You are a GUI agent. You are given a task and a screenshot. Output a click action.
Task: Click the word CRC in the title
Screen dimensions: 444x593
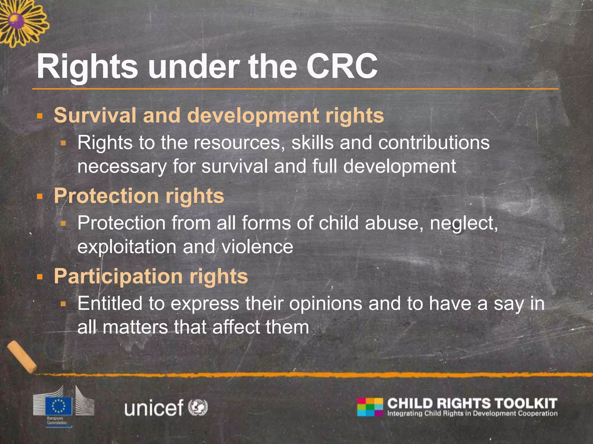[342, 67]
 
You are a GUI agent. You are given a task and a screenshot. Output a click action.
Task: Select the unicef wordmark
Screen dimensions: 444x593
[154, 408]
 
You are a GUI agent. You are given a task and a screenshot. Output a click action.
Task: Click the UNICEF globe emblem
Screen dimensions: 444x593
[198, 407]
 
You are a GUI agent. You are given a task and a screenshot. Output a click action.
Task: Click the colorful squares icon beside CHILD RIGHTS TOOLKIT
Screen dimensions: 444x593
[370, 407]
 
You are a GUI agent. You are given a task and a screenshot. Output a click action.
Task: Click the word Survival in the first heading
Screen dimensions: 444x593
[95, 115]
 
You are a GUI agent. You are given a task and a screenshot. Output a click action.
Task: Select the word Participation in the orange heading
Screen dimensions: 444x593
[118, 276]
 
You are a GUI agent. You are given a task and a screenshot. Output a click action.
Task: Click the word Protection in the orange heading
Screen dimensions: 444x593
[106, 196]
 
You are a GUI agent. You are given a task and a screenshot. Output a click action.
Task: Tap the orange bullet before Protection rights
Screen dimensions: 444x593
[40, 197]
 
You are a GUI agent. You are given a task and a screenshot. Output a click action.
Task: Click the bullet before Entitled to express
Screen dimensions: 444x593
[63, 304]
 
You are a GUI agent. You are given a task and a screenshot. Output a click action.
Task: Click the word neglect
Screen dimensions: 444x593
[464, 223]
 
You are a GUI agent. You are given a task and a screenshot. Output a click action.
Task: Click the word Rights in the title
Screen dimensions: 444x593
[87, 67]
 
